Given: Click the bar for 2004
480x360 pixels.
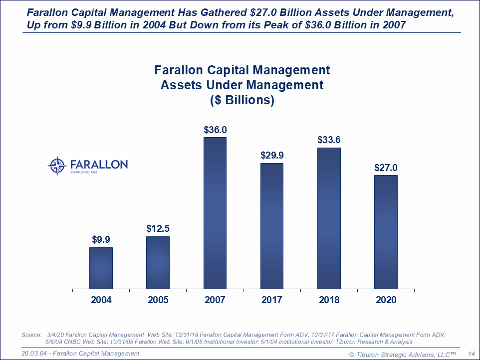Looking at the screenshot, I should (101, 268).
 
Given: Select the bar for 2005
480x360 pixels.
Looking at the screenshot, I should (158, 262).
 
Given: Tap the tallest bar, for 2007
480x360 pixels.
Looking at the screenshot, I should (215, 213).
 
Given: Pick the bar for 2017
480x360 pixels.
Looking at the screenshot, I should (272, 226).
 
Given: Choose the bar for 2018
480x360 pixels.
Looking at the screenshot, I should (329, 218).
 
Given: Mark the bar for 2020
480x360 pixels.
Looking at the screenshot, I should (386, 232).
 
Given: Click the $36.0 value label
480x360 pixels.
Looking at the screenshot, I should (215, 130).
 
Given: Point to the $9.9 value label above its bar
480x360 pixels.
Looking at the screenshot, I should (101, 240).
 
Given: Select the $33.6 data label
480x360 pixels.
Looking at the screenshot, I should (329, 140).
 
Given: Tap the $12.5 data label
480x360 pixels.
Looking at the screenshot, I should (158, 229).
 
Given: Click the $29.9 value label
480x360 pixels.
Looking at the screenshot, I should (272, 155).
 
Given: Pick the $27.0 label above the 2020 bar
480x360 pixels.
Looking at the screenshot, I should (386, 168).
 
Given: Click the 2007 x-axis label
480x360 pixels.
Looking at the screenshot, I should (215, 300).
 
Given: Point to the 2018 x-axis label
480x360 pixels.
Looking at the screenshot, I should (329, 300).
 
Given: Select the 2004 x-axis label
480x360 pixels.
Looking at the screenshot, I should (101, 300).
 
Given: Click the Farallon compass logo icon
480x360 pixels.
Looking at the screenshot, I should (57, 165).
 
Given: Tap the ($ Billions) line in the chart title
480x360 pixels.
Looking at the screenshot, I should (242, 100).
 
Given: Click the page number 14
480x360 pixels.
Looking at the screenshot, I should (471, 354).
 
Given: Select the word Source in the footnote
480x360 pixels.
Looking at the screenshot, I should (31, 335).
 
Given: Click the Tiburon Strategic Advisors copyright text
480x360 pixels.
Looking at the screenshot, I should (403, 354).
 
